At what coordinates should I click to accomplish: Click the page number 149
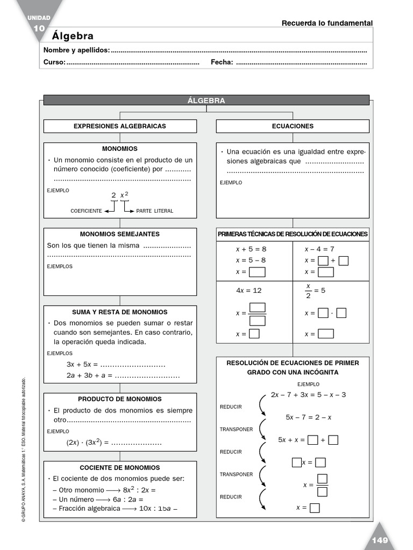380,540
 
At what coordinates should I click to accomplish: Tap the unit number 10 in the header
39,28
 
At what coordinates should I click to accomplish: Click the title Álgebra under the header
73,36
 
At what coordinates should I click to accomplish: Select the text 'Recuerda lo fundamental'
327,23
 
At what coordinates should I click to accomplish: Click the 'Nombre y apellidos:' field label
76,50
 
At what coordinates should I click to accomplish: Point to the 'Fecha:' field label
222,62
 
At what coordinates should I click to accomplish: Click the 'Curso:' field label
54,62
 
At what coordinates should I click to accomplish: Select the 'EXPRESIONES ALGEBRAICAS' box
120,126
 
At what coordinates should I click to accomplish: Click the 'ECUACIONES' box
293,126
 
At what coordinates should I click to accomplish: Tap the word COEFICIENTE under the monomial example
86,211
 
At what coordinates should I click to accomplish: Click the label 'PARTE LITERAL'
155,211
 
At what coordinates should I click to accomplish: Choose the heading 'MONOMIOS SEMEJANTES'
120,234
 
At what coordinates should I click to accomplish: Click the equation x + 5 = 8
251,249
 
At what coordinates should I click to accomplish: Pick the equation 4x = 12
248,290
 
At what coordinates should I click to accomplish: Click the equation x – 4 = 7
319,249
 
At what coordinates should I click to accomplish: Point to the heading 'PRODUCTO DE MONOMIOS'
120,399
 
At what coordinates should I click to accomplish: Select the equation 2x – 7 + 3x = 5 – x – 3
308,395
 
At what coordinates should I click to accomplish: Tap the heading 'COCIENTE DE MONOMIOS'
120,468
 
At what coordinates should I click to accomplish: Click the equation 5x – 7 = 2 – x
308,417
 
